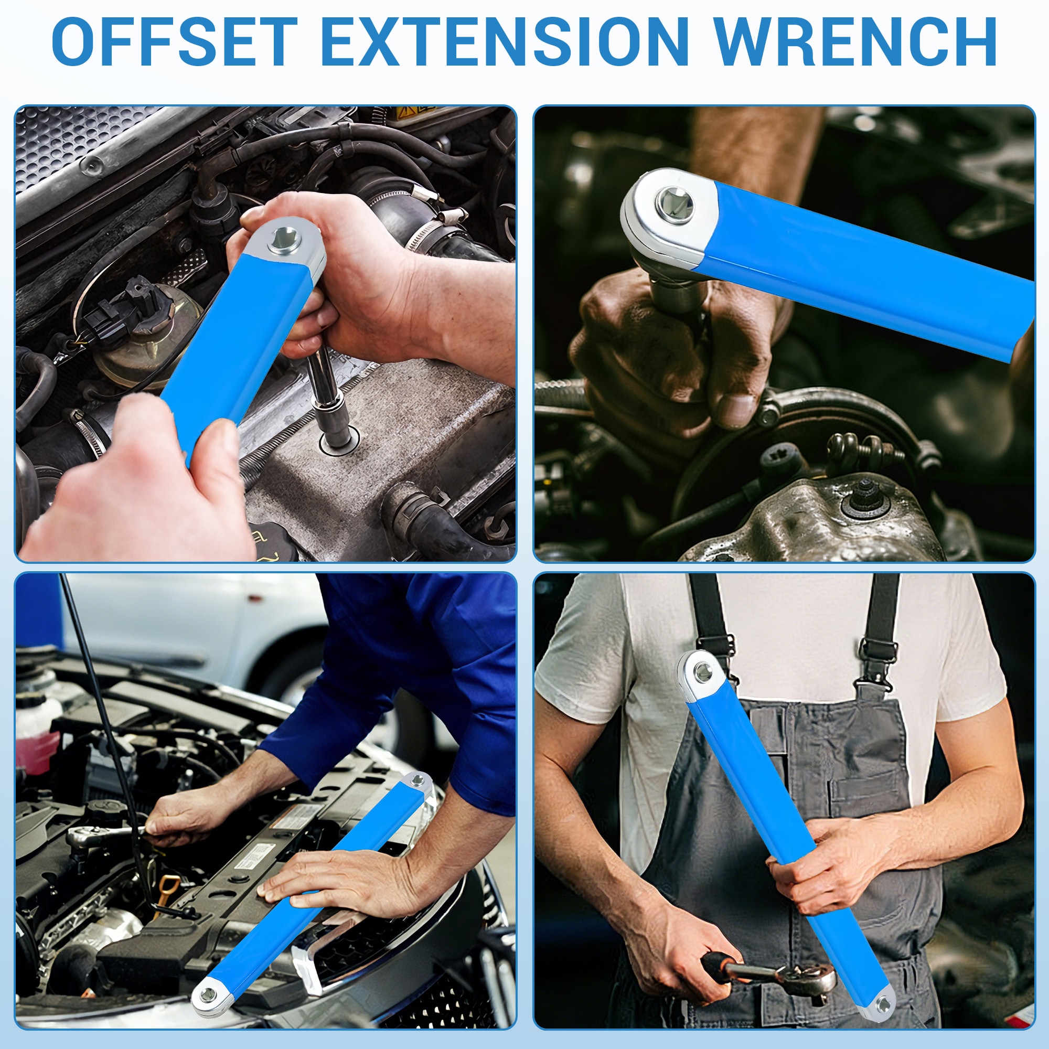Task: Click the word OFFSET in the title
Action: [175, 42]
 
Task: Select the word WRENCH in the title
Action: [854, 42]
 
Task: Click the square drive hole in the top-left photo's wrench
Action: [283, 237]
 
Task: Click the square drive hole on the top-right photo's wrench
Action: [675, 205]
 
